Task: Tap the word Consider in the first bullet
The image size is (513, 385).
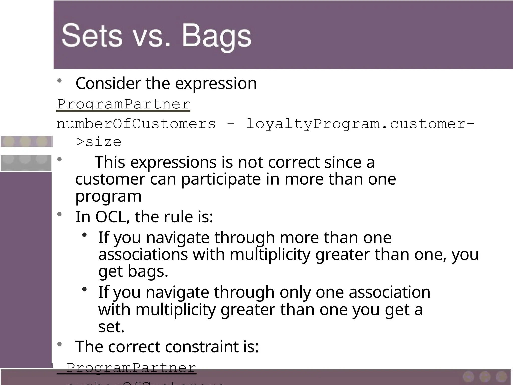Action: tap(108, 83)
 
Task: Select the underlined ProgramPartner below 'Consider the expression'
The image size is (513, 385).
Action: tap(123, 104)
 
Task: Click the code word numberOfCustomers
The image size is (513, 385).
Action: tap(136, 124)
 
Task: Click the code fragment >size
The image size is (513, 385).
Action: tap(99, 142)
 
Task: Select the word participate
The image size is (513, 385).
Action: tap(220, 179)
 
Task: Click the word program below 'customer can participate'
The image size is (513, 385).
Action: tap(108, 197)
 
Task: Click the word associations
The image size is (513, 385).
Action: tap(143, 254)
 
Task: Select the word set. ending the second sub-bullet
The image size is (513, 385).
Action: tap(111, 327)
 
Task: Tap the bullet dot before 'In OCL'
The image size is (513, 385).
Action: tap(59, 214)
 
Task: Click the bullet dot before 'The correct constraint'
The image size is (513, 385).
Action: tap(59, 344)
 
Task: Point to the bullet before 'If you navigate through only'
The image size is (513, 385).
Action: tap(84, 290)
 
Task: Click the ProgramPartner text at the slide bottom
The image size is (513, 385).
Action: tap(131, 368)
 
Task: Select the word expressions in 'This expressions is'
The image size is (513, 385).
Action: tap(173, 162)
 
